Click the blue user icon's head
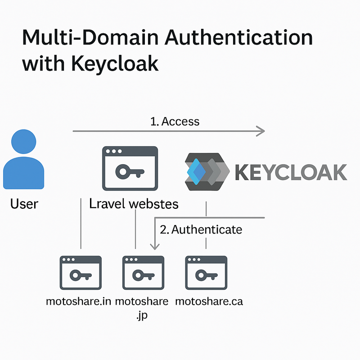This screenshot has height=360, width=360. click(23, 143)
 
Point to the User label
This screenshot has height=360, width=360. click(24, 203)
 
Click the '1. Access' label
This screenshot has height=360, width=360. click(175, 121)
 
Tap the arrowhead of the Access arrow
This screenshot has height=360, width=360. click(260, 131)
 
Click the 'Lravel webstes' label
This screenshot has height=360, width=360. click(134, 203)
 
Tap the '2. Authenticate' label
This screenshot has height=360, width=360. click(201, 229)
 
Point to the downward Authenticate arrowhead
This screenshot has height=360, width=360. click(155, 246)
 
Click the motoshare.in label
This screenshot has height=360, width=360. click(78, 301)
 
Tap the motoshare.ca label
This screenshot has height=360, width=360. click(208, 301)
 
